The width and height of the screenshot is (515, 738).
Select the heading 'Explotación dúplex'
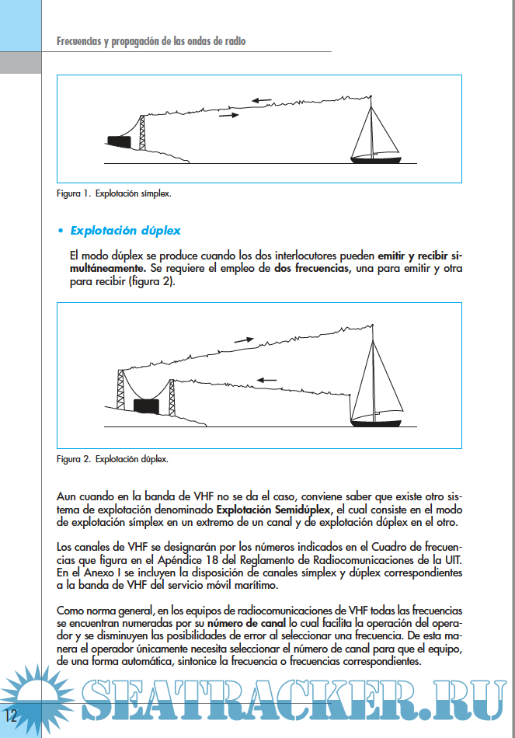tap(125, 230)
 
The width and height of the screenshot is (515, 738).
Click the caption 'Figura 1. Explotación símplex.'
tap(113, 193)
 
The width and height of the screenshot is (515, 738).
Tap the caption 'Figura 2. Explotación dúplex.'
tap(112, 458)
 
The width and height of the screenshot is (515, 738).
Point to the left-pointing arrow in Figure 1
tap(261, 100)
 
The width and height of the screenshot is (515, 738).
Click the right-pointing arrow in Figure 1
tap(229, 115)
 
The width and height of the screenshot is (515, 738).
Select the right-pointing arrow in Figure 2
tap(244, 339)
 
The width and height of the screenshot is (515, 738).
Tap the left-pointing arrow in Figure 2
tap(266, 380)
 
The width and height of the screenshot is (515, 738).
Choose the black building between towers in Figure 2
tap(146, 406)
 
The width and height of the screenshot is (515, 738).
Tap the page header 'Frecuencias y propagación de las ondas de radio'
tap(151, 41)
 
